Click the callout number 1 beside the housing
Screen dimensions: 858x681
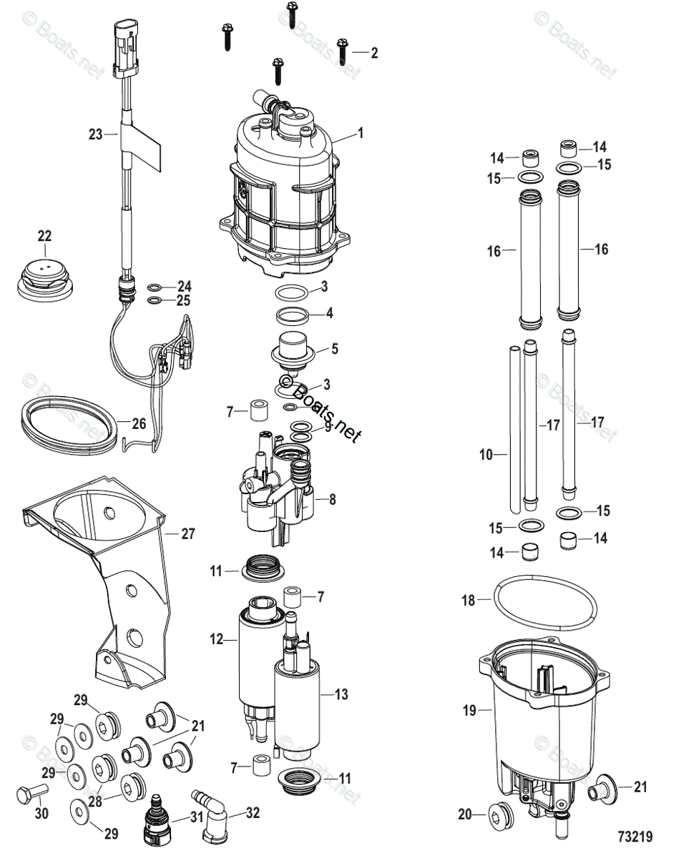coord(361,133)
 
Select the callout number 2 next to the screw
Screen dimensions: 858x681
coord(374,52)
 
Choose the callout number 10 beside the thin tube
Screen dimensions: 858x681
coord(486,454)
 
